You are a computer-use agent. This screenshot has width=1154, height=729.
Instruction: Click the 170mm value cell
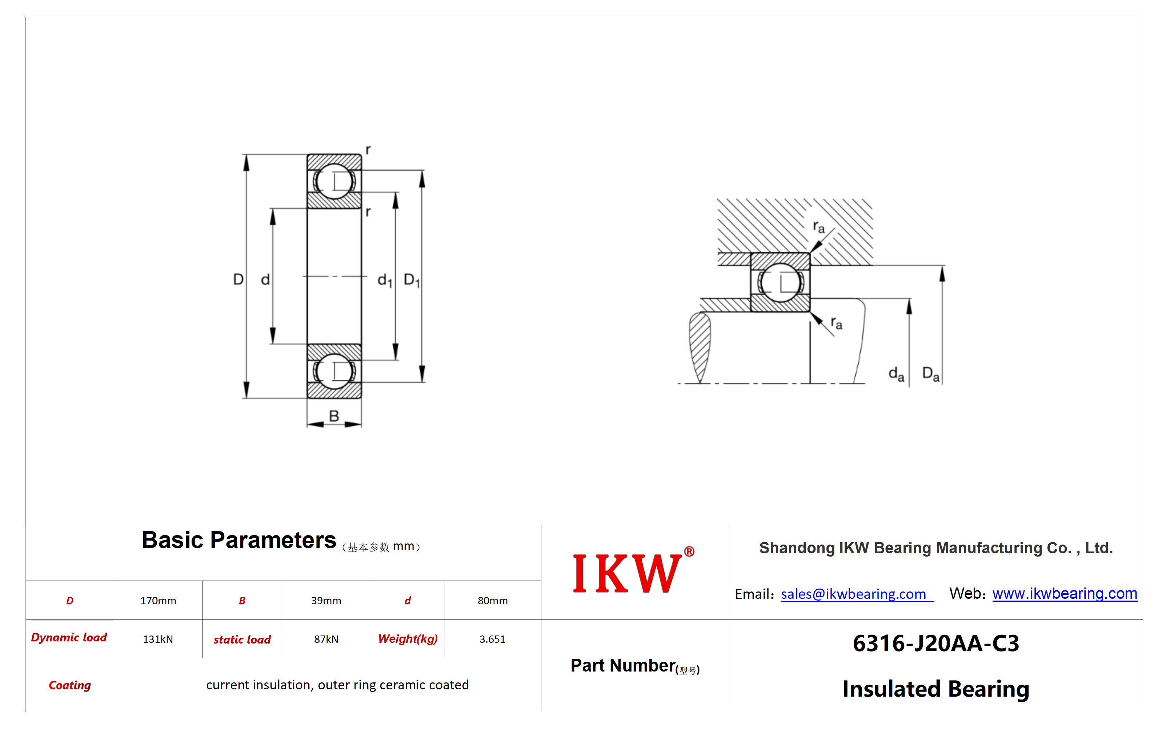pyautogui.click(x=158, y=601)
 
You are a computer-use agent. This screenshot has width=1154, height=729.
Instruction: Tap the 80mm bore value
pyautogui.click(x=493, y=601)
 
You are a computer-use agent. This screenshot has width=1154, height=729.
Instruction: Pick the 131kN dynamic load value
pyautogui.click(x=158, y=639)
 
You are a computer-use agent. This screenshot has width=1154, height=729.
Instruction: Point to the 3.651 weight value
pyautogui.click(x=493, y=639)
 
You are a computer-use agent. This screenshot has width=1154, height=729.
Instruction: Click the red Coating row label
pyautogui.click(x=70, y=685)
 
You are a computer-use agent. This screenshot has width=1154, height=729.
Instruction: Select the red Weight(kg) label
pyautogui.click(x=408, y=639)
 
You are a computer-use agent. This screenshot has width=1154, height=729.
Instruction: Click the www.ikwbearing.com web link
pyautogui.click(x=1065, y=594)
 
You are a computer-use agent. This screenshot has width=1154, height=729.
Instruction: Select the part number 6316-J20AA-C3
pyautogui.click(x=936, y=643)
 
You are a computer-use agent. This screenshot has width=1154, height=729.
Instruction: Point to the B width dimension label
pyautogui.click(x=334, y=416)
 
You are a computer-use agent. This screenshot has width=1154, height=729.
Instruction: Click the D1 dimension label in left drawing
pyautogui.click(x=412, y=280)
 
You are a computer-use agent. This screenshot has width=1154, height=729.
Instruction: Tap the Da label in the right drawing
pyautogui.click(x=931, y=374)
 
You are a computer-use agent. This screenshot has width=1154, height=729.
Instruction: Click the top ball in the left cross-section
pyautogui.click(x=334, y=181)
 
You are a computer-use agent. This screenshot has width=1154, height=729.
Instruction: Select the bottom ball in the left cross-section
pyautogui.click(x=334, y=371)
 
